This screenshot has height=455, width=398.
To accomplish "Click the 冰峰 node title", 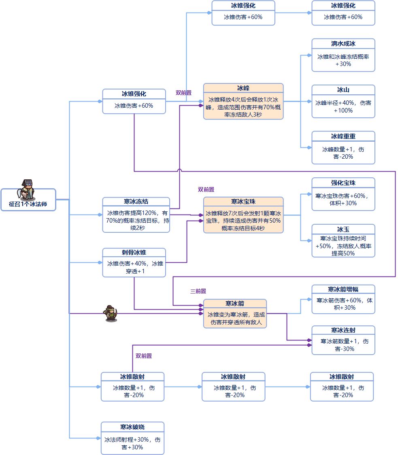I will [243, 88].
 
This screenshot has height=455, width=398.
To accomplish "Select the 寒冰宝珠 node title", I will [243, 201].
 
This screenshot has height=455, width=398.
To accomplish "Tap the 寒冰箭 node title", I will [235, 304].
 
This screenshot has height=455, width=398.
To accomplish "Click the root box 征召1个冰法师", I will [28, 204].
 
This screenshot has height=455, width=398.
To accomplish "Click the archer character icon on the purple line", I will [111, 313].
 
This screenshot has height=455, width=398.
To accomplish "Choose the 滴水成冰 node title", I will [343, 43].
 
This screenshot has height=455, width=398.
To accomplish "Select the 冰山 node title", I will [343, 89].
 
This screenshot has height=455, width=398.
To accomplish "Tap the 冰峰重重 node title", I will [343, 136].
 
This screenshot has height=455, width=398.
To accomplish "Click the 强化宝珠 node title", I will [343, 183].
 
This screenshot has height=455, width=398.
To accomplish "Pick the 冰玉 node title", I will [343, 229].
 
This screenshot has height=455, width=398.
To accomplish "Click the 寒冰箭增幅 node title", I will [343, 289].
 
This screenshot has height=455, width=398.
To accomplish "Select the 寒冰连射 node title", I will [343, 330].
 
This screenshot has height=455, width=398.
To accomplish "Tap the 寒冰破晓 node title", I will [132, 427].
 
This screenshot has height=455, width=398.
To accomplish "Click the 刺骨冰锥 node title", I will [134, 253].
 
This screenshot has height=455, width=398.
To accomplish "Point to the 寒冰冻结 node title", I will [136, 202].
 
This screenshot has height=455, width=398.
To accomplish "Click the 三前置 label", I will [198, 291].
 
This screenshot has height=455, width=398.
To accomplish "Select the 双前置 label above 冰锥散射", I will [144, 356].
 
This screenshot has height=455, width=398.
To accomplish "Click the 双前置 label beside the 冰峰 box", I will [183, 93].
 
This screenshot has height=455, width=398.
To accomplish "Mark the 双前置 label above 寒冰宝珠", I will [206, 189].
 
